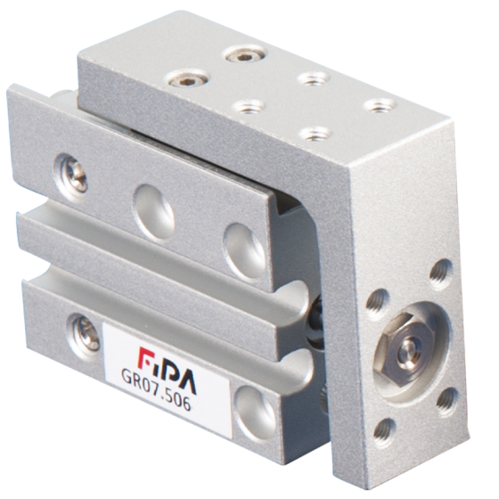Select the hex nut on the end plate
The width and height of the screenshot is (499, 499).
pos(405,348)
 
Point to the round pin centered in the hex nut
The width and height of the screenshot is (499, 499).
pos(409,350)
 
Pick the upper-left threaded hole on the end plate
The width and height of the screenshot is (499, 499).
pos(378,304)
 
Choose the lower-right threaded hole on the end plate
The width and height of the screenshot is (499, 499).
pos(446,402)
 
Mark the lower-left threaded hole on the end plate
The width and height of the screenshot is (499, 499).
pos(384,433)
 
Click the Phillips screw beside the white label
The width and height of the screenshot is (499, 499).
pos(84,333)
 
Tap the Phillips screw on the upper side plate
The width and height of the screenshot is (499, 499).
pos(72,174)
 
